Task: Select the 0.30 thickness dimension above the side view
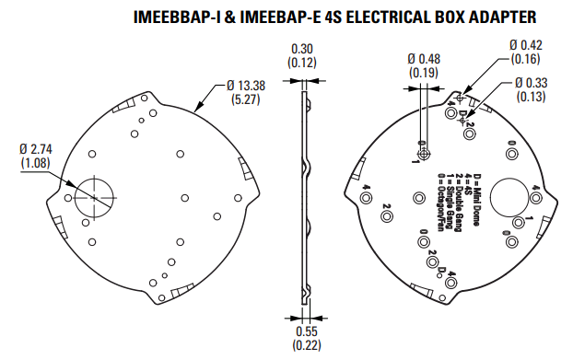tap(303, 48)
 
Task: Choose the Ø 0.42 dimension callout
tap(527, 44)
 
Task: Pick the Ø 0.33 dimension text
tap(530, 84)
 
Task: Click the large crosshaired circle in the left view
tap(93, 195)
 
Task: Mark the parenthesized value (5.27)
tap(243, 99)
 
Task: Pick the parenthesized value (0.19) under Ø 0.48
tap(425, 72)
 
